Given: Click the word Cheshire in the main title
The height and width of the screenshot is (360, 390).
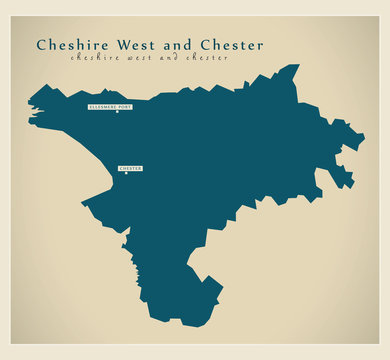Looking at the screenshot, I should tap(72, 45).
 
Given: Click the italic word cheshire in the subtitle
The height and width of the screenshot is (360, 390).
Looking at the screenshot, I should tap(93, 59).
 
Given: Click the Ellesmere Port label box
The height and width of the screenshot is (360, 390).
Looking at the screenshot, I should tap(110, 105).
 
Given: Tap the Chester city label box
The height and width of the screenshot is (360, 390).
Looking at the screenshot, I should tap(130, 168).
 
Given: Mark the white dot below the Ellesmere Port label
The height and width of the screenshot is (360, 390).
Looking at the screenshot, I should tap(117, 111).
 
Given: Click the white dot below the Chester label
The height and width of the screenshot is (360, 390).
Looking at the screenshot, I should tap(130, 174).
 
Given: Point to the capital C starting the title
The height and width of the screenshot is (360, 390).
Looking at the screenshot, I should tap(41, 45).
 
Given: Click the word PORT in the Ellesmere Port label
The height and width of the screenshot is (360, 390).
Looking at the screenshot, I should tap(125, 105).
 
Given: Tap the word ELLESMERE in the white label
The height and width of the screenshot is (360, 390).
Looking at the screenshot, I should tap(104, 105).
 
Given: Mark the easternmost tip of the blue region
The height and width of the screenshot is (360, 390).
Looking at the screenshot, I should tap(364, 136).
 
